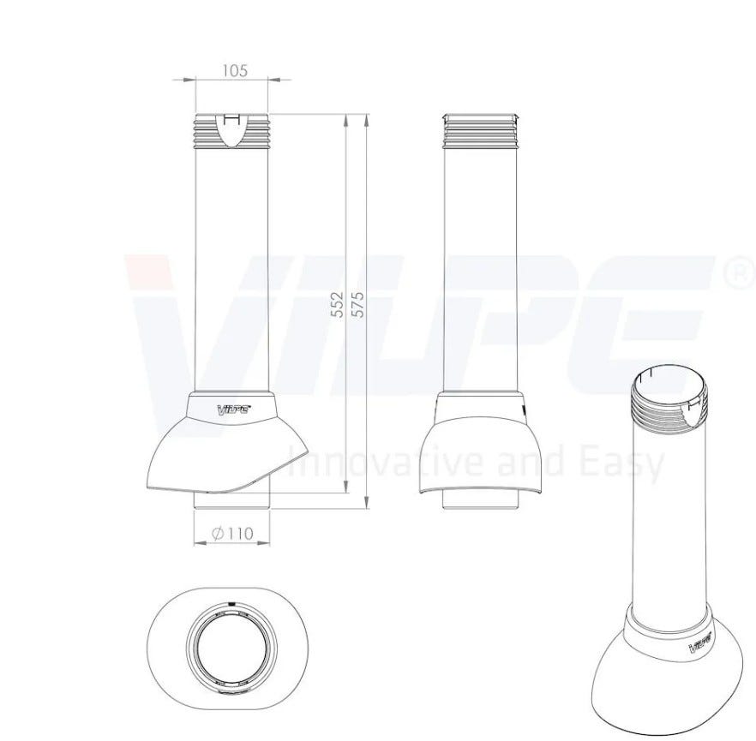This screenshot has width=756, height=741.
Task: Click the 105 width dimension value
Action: click(x=235, y=71)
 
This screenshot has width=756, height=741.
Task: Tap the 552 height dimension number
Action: click(x=339, y=304)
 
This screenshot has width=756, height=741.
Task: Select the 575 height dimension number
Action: click(x=358, y=304)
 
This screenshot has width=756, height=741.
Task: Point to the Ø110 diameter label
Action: click(x=232, y=533)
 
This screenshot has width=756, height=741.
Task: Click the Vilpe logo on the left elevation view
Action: click(x=234, y=409)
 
